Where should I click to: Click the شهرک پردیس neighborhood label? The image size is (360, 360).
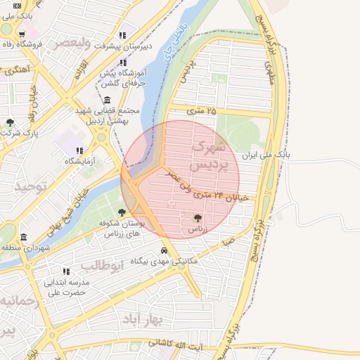tap(211, 156)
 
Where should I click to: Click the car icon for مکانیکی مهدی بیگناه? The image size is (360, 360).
tap(164, 250)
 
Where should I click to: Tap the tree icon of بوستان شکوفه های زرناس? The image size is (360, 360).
tap(122, 212)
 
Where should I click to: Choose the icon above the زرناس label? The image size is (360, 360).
tap(196, 218)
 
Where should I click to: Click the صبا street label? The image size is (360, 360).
tap(229, 240)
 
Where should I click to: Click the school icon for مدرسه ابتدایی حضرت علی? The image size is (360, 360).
tap(66, 271)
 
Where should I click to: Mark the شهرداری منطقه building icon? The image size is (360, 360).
tap(24, 237)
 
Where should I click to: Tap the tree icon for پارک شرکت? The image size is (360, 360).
tap(10, 122)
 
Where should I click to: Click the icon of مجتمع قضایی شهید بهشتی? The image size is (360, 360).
tap(106, 100)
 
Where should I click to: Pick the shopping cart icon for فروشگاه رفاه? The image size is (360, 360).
tap(22, 34)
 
